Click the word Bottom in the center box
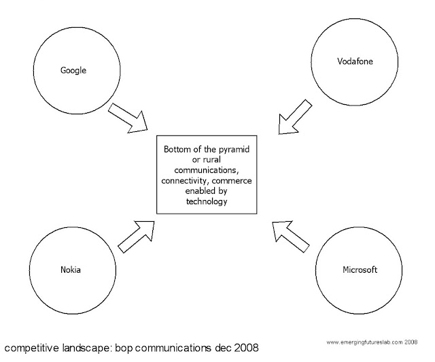point(177,148)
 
